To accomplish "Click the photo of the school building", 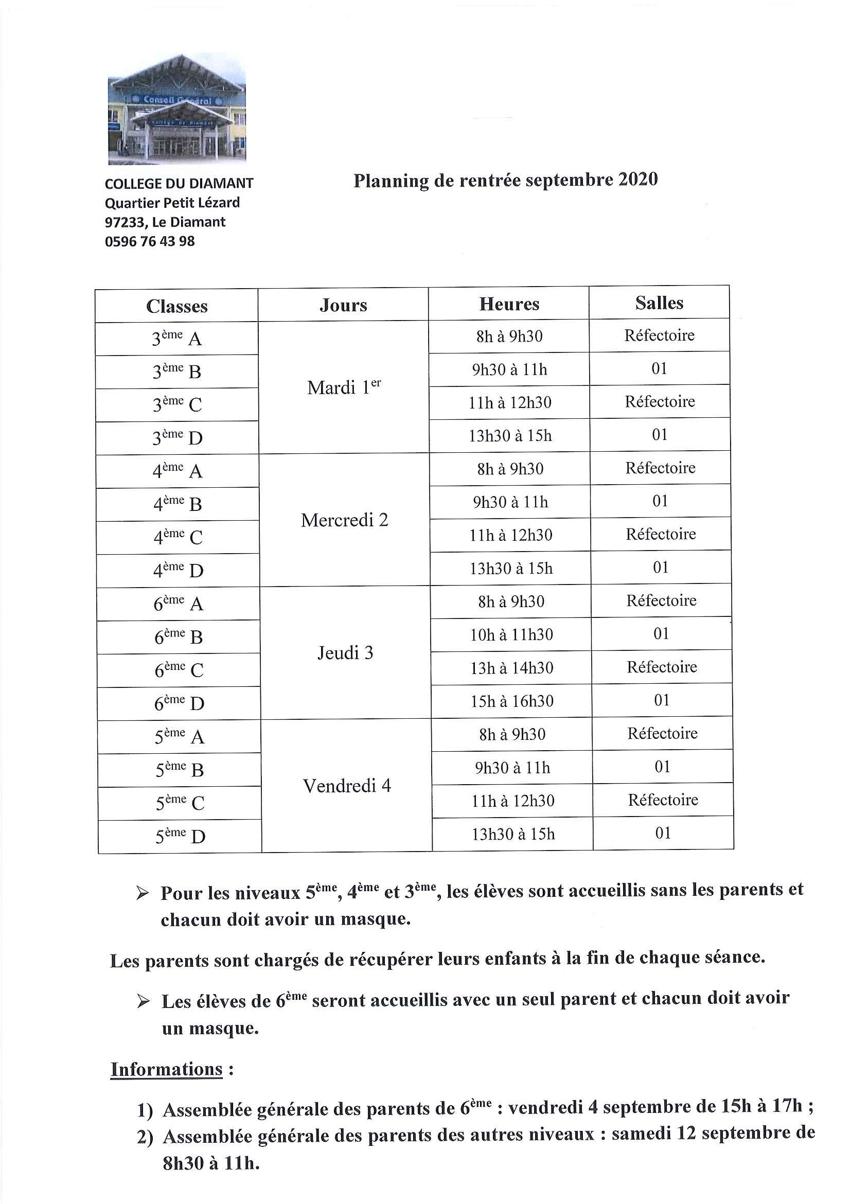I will [176, 110].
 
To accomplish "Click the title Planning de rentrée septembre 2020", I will [505, 180].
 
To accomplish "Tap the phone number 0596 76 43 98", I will [150, 241].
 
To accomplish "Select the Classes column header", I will [176, 306].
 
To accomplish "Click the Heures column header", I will [509, 304].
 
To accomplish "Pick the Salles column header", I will [659, 303].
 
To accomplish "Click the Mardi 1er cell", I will [344, 387].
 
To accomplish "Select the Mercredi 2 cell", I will [345, 520].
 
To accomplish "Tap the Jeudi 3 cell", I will [346, 653].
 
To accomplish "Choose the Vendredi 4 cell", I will [347, 786].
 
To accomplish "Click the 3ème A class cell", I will [176, 339].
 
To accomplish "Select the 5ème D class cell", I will [180, 837].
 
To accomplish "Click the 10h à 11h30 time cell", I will [511, 635].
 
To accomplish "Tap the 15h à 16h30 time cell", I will [512, 701].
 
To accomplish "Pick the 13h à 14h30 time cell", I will [512, 668].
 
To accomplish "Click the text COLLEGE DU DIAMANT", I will [179, 184].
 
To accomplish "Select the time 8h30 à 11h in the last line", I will [211, 1164].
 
